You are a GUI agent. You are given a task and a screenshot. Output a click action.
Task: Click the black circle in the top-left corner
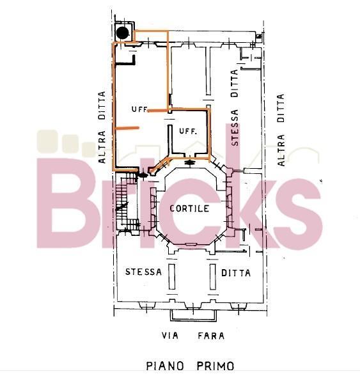(123, 33)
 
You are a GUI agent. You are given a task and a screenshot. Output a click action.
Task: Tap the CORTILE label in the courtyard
(189, 208)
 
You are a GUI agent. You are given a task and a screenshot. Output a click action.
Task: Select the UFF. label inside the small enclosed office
(188, 131)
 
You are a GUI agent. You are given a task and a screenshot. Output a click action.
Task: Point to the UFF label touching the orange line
(140, 109)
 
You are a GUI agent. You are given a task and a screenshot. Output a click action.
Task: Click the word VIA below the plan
(170, 336)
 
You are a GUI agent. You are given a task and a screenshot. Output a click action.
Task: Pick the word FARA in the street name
(211, 336)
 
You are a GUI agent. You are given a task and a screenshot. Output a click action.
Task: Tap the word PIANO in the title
(164, 366)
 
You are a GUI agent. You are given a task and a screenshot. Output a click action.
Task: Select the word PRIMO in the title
(215, 366)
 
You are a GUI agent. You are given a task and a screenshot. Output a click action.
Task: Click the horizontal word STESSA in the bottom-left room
(143, 272)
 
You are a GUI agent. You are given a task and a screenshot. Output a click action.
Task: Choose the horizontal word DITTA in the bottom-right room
(236, 273)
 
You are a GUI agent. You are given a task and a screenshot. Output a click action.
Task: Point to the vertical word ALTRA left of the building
(102, 146)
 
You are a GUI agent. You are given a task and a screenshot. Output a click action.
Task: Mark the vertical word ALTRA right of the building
(281, 150)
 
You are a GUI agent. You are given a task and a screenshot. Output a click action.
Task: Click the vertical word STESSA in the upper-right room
(235, 128)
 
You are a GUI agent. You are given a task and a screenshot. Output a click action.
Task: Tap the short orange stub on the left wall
(127, 128)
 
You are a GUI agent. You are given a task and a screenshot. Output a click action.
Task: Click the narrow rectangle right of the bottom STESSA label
(172, 276)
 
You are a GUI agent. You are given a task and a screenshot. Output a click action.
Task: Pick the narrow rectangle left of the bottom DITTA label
(213, 276)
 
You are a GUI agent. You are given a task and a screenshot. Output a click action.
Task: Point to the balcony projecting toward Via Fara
(193, 315)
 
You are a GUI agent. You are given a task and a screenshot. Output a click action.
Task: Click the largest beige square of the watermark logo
(47, 141)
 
